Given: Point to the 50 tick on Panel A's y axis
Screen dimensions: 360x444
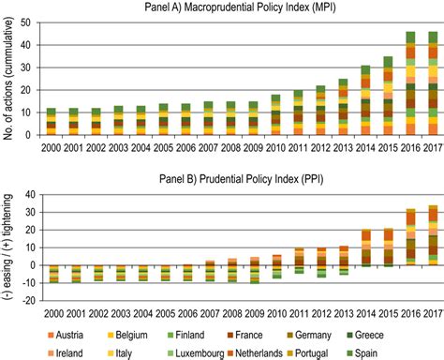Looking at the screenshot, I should [31, 22].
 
